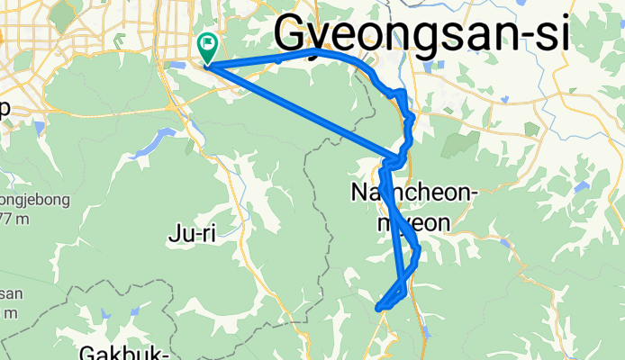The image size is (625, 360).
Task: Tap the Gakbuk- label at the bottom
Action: [122, 352]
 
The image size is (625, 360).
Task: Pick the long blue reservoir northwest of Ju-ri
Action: [153, 141]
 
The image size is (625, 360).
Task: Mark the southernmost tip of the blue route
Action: [378, 308]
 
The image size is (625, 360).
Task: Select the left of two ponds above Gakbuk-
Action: [106, 316]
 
